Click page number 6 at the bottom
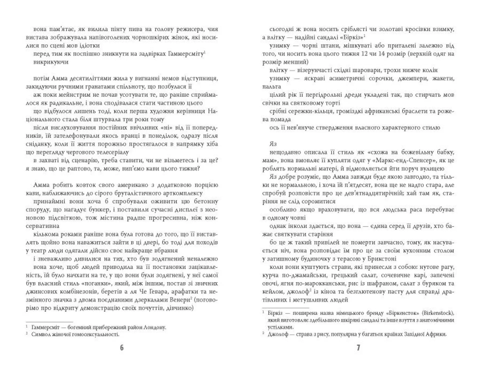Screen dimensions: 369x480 [x=122, y=348]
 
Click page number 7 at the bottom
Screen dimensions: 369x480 [x=358, y=348]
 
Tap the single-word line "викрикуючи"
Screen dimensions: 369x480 [x=51, y=62]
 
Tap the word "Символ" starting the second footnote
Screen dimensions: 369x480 [x=40, y=334]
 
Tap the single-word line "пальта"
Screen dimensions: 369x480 [x=272, y=86]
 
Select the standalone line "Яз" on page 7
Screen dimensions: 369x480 [x=273, y=144]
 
